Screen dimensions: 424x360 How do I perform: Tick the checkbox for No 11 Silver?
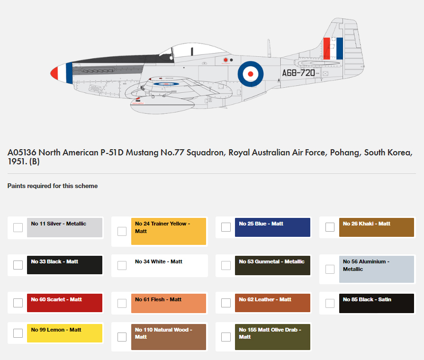tap(18, 227)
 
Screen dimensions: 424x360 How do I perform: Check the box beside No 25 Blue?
tap(226, 227)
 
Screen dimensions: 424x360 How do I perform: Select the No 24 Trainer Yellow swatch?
tap(169, 231)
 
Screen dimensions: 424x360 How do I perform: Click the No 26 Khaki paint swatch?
tap(377, 227)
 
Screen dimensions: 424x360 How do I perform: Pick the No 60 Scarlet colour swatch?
tap(64, 303)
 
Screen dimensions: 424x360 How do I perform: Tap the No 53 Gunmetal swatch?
tap(272, 265)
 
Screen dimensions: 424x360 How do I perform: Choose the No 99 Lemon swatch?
tap(64, 333)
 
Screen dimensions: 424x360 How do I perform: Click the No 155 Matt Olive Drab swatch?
tap(272, 337)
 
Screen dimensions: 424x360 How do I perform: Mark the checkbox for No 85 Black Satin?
tap(330, 303)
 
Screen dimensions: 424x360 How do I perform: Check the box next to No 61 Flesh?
tap(122, 303)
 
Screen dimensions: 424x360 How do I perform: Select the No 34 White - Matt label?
tap(159, 261)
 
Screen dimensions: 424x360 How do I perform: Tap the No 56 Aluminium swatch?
tap(377, 269)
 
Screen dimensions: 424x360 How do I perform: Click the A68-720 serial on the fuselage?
tap(298, 73)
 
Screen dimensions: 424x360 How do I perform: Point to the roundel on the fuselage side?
tap(251, 74)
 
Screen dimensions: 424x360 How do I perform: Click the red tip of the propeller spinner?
tap(54, 73)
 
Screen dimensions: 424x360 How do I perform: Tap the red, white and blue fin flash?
tap(333, 48)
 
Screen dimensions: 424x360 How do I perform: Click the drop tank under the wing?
tap(162, 106)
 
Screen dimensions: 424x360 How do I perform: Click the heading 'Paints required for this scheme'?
tap(53, 186)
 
